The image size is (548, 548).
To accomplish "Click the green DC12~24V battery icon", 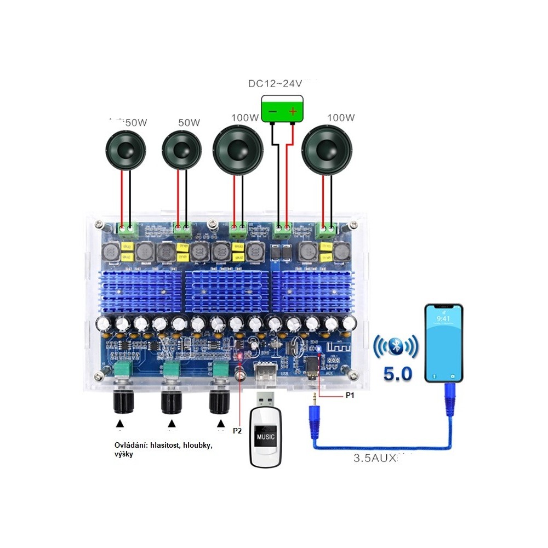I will [x=282, y=109].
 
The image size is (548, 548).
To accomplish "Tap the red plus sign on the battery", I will [x=293, y=111].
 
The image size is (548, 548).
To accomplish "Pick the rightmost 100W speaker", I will [x=328, y=150].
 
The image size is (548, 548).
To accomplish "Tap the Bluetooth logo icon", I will [x=396, y=347].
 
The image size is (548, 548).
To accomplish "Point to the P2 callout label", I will [x=237, y=431].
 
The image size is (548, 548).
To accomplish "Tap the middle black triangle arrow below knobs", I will [x=172, y=424].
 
